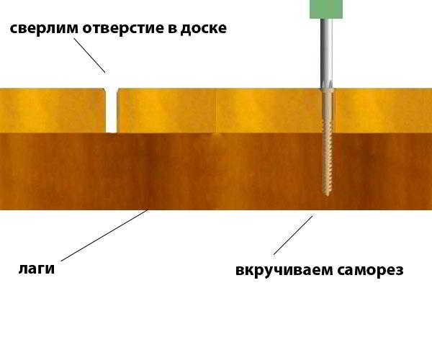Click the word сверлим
44,29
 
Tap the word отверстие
123,29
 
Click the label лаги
37,269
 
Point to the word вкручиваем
284,270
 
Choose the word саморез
370,270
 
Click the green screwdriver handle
326,9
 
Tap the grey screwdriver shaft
326,53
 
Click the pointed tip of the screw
327,196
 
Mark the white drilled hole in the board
112,110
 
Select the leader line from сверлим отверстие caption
89,55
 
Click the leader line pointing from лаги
104,235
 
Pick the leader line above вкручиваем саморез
293,235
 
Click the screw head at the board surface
327,89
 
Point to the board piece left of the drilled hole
53,110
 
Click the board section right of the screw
383,110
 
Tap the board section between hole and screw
220,110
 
